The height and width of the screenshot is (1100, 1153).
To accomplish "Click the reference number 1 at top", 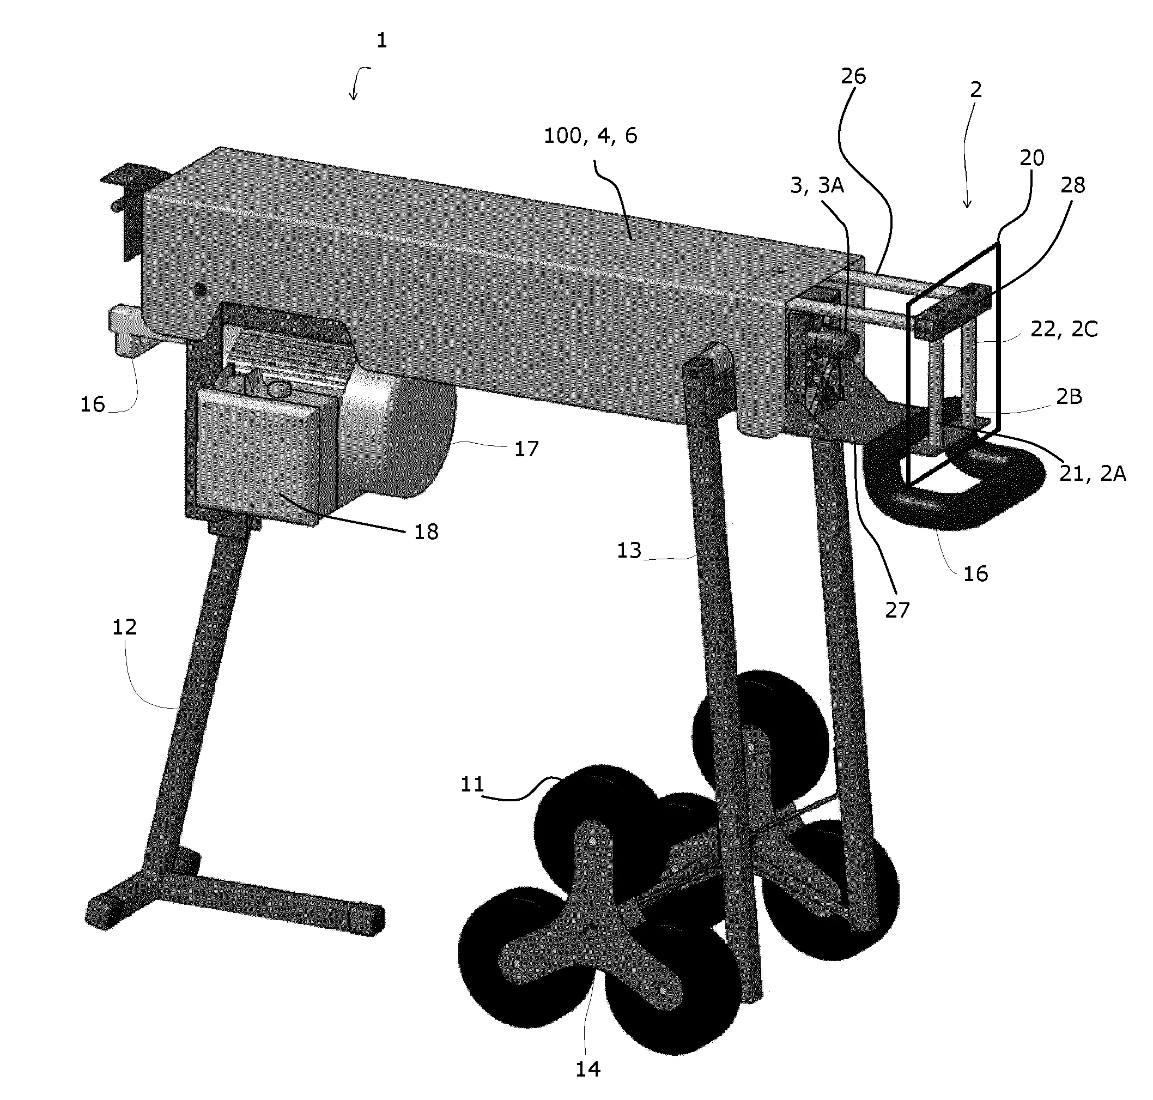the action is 381,40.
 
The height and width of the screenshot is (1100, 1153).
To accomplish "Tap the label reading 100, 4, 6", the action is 590,136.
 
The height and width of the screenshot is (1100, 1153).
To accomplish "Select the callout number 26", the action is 853,76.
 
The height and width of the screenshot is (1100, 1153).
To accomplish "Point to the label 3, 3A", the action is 817,185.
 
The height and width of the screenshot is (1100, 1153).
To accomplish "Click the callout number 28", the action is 1073,185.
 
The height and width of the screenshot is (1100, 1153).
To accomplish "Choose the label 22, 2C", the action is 1064,330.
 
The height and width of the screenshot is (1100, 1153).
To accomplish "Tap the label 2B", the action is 1069,397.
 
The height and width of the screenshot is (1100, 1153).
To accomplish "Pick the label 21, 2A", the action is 1093,473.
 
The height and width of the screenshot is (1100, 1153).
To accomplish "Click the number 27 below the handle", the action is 897,611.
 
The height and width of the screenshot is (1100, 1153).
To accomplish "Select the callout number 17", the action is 526,449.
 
